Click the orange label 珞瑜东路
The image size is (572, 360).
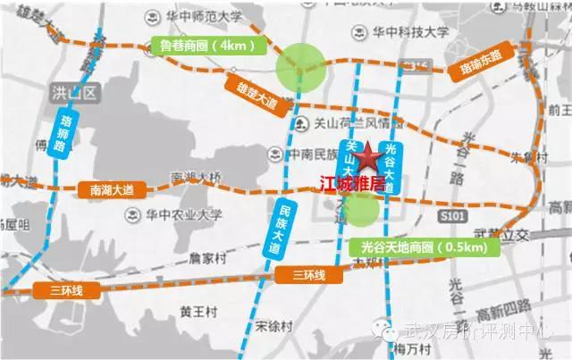tap(477, 65)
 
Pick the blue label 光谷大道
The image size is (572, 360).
tap(391, 163)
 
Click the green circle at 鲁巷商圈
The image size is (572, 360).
tap(299, 68)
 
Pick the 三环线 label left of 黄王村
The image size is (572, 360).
tap(54, 289)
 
